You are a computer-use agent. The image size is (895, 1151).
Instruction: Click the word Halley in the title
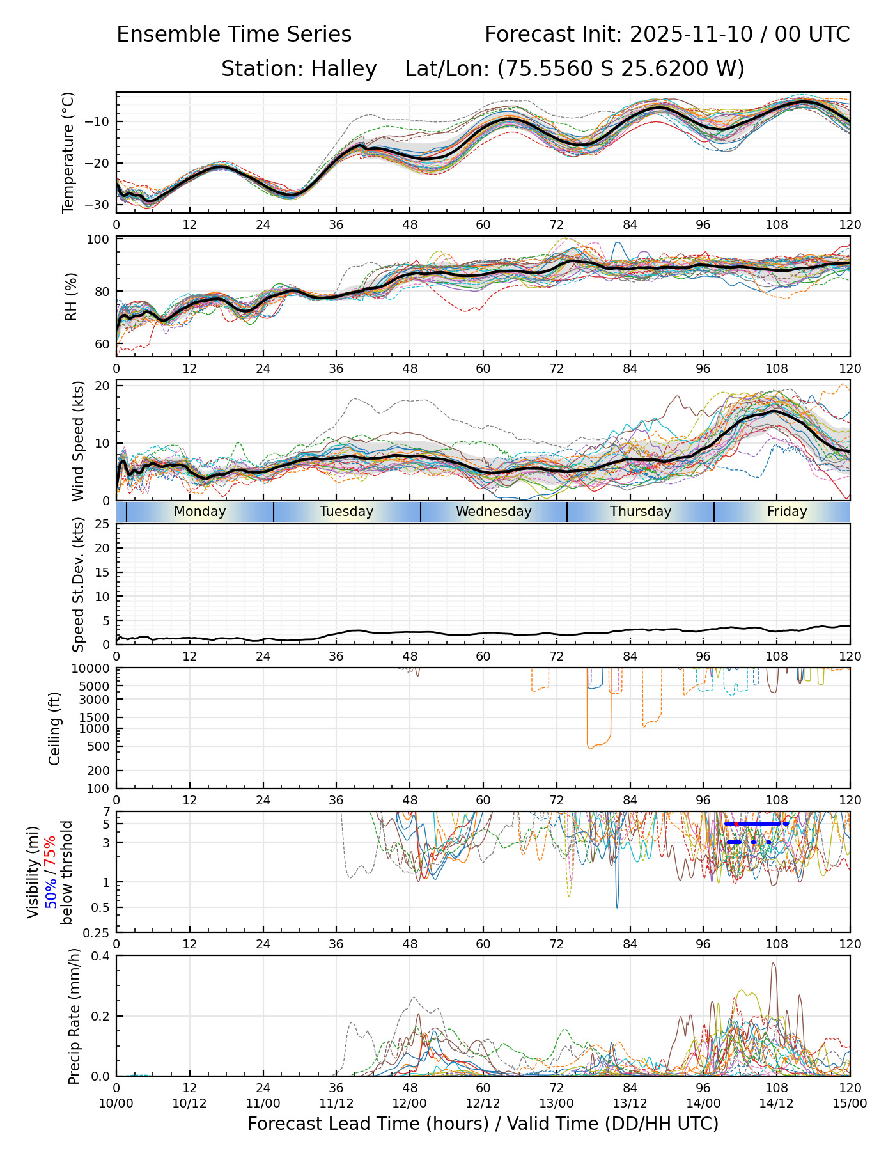(x=344, y=68)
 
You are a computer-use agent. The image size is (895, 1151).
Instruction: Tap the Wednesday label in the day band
(x=494, y=512)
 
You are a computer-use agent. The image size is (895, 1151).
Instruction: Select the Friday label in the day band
(x=787, y=512)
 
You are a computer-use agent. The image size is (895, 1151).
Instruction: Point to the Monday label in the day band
(x=200, y=512)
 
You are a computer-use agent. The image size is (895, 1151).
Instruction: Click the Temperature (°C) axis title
(x=68, y=152)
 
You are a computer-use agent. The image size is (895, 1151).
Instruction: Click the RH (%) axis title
(x=71, y=296)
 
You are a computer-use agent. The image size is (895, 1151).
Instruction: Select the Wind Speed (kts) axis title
(x=78, y=441)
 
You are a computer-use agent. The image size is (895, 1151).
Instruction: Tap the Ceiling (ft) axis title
(x=55, y=728)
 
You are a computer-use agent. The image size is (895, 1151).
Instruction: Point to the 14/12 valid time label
(x=776, y=1104)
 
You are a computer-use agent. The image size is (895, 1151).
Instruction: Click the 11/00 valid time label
(x=263, y=1104)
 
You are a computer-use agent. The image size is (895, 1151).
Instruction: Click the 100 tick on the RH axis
(x=98, y=240)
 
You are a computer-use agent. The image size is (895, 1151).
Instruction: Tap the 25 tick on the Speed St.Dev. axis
(x=102, y=524)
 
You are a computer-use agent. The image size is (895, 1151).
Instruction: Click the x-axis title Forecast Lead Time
(x=483, y=1124)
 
